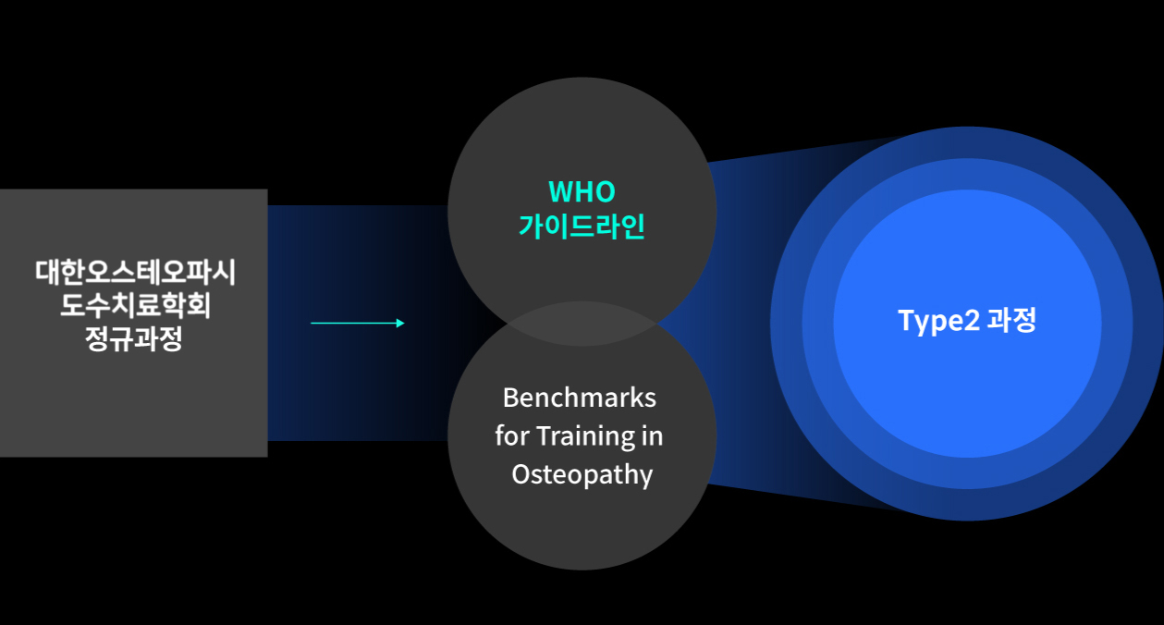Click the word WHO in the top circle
click(x=582, y=191)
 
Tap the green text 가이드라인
click(x=582, y=226)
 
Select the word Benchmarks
click(x=580, y=398)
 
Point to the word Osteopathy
click(x=582, y=475)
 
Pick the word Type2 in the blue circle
click(x=939, y=321)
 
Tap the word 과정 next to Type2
click(x=1011, y=320)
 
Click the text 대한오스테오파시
click(x=135, y=272)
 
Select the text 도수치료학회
click(x=135, y=305)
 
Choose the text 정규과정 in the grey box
click(x=133, y=338)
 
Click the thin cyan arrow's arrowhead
click(x=400, y=324)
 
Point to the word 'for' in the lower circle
click(x=512, y=435)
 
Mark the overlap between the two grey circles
click(x=582, y=324)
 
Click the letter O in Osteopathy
click(x=521, y=473)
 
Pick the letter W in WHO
click(x=560, y=191)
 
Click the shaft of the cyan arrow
click(x=353, y=324)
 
